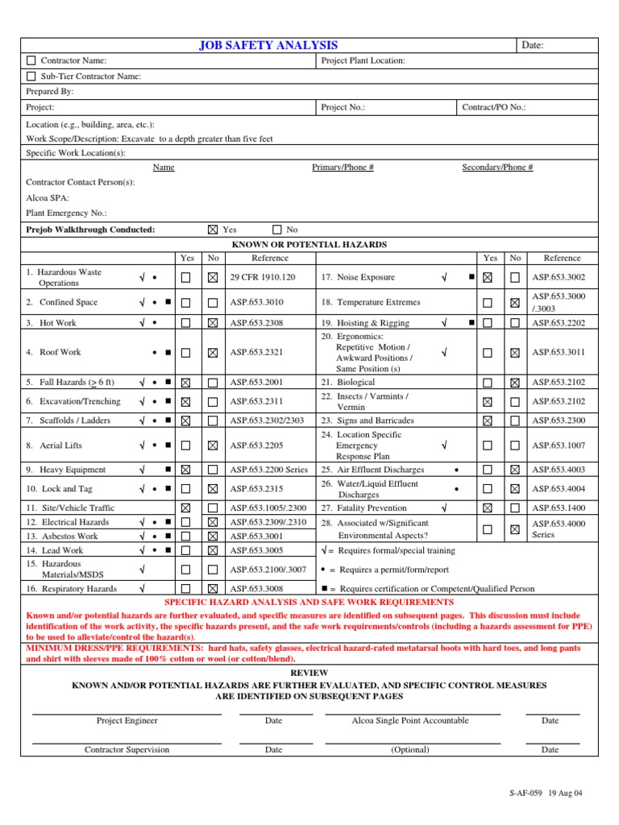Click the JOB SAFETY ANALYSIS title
[268, 46]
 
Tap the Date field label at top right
[533, 46]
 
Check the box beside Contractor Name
[31, 60]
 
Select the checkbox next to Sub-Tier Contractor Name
[31, 77]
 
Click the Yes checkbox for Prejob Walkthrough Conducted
[213, 230]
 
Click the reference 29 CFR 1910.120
[263, 277]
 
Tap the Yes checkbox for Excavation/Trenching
[186, 401]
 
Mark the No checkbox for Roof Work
[213, 352]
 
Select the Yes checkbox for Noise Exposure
[488, 277]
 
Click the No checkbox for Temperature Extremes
[515, 303]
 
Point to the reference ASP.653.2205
[257, 446]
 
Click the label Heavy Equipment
[73, 470]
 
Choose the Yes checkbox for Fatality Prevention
[488, 508]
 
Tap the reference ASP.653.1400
[559, 508]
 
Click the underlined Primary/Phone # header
[343, 168]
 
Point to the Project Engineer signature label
[127, 721]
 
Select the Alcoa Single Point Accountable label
[410, 721]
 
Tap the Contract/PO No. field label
[494, 107]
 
